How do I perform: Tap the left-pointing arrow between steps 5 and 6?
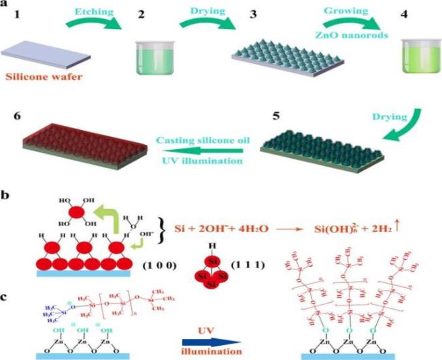click(x=208, y=152)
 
